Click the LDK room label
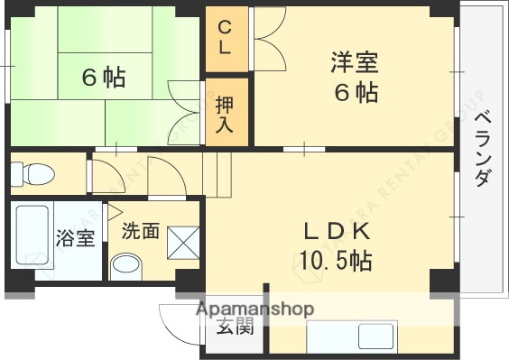[336, 232]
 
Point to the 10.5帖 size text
[336, 262]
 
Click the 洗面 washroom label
[141, 230]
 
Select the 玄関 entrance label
[235, 327]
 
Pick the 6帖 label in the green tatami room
[104, 78]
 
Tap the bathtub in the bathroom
[32, 237]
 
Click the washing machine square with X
[184, 241]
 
